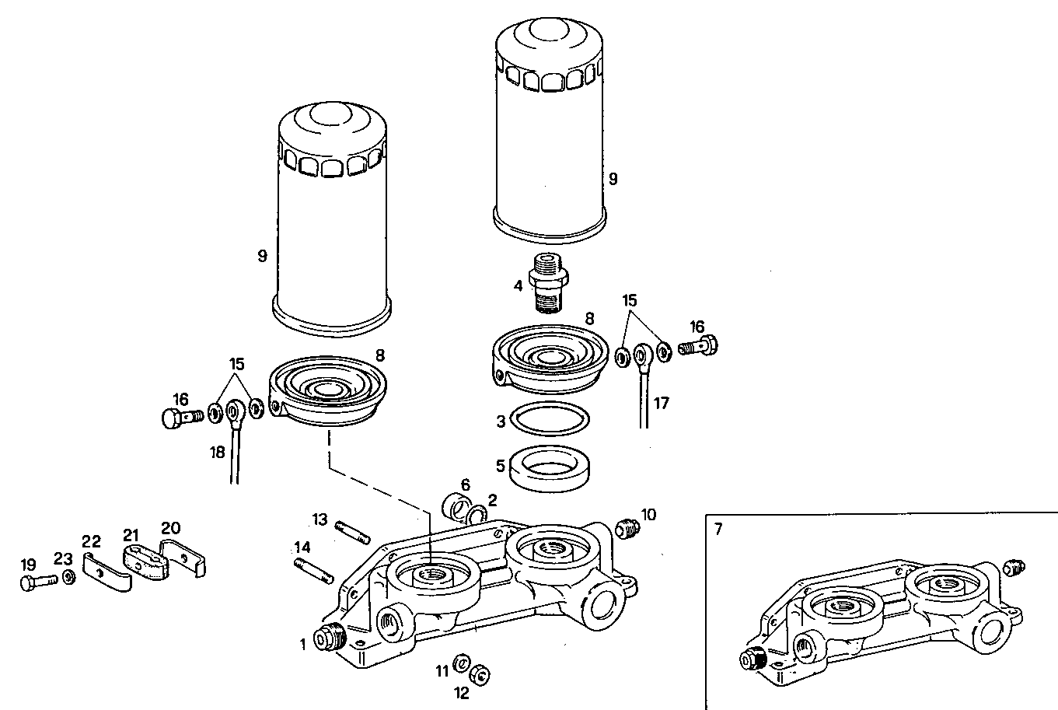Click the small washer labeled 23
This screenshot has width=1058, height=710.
tap(68, 579)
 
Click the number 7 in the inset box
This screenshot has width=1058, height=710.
tap(718, 530)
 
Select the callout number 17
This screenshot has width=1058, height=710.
tap(661, 404)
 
